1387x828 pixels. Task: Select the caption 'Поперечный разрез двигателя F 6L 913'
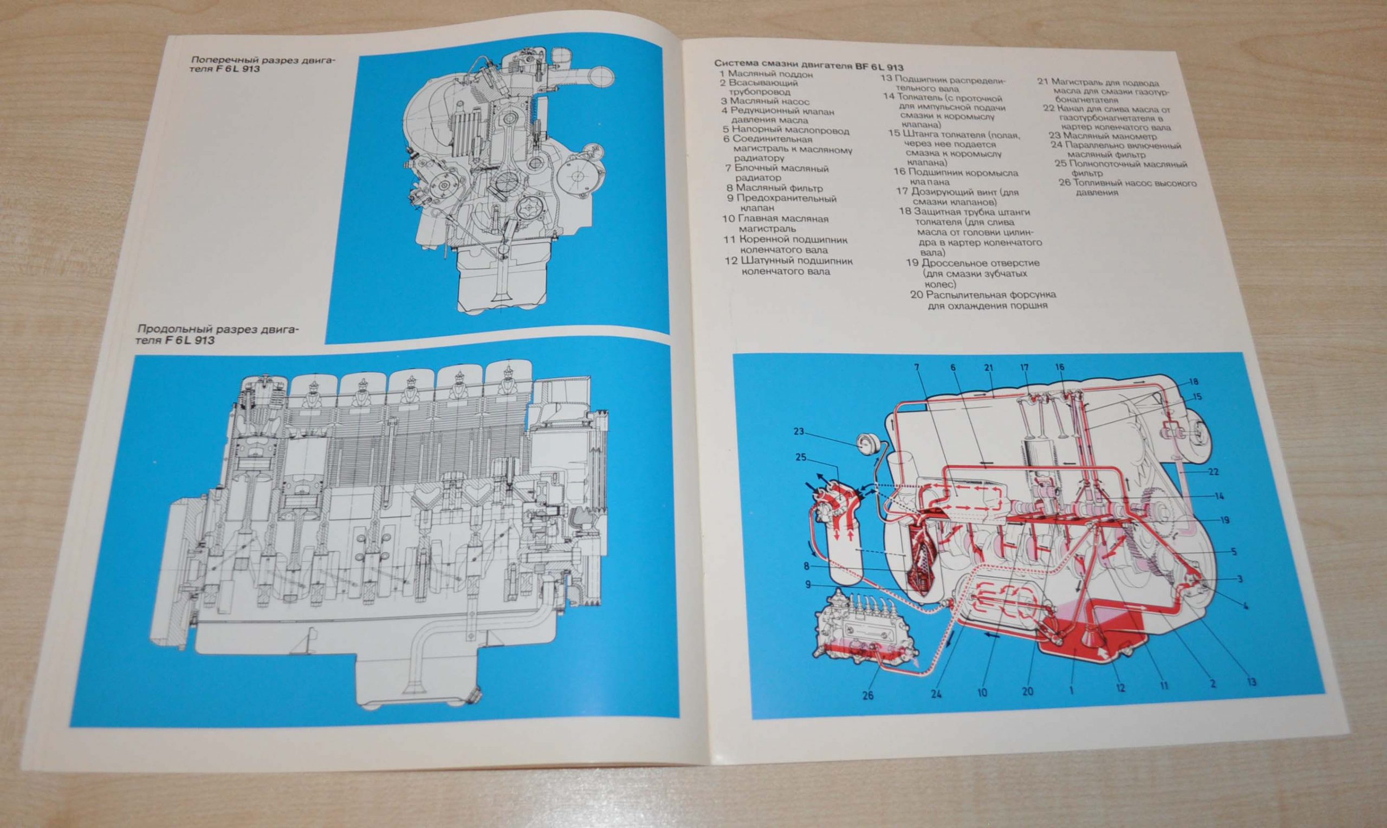pyautogui.click(x=263, y=64)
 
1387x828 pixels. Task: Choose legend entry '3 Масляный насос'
pyautogui.click(x=764, y=101)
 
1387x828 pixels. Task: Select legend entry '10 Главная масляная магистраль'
pyautogui.click(x=775, y=224)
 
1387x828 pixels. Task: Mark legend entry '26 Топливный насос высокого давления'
pyautogui.click(x=1127, y=188)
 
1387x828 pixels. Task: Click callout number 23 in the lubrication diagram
pyautogui.click(x=799, y=431)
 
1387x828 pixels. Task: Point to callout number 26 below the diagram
pyautogui.click(x=868, y=696)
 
